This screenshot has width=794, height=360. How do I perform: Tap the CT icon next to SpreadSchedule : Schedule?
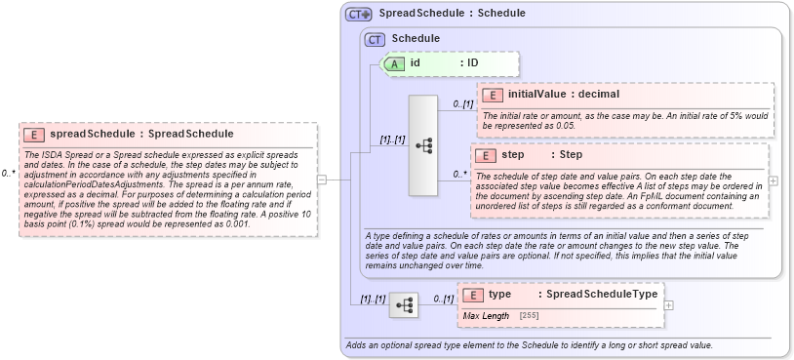tap(359, 14)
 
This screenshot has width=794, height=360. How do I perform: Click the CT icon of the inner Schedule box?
tap(375, 39)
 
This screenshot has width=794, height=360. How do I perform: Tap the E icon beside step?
tap(486, 155)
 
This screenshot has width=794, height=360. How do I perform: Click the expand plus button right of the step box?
tap(774, 180)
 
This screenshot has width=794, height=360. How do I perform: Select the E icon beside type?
tap(473, 294)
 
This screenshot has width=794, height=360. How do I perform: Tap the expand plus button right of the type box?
tap(668, 304)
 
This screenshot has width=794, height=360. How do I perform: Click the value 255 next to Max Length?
tap(530, 316)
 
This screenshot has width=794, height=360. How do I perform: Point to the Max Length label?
tap(486, 316)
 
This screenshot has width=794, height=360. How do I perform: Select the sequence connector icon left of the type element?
tap(404, 305)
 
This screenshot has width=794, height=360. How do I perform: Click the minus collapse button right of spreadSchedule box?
tap(321, 180)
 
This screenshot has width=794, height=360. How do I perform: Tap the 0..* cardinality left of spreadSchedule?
tap(9, 173)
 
